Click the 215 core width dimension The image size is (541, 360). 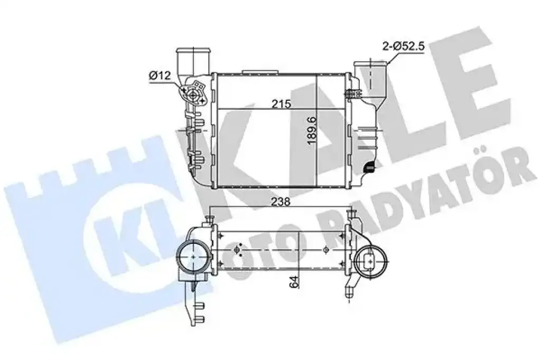pos(281,104)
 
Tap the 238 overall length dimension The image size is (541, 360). pos(281,202)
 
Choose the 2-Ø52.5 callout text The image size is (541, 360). pos(403,46)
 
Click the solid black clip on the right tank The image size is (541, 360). pos(369,167)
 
